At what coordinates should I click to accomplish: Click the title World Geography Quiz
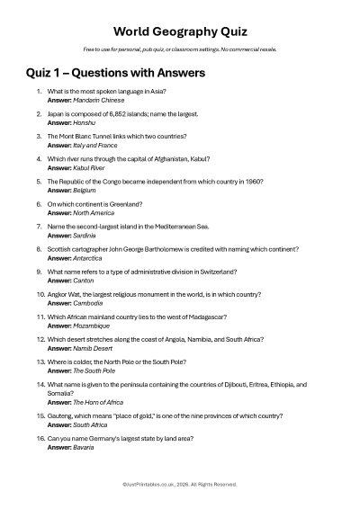[x=180, y=31]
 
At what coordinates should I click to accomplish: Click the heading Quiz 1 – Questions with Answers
[x=115, y=73]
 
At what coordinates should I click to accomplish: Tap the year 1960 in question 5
[x=255, y=182]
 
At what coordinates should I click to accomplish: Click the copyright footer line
[x=180, y=484]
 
